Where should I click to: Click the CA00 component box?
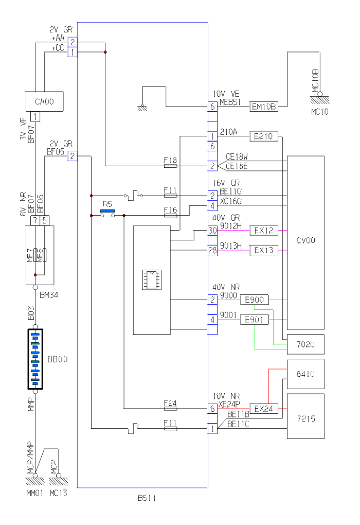pyautogui.click(x=44, y=102)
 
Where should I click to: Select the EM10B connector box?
pyautogui.click(x=264, y=107)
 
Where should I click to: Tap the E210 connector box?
pyautogui.click(x=264, y=136)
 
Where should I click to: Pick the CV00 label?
pyautogui.click(x=305, y=240)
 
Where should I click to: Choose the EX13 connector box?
pyautogui.click(x=264, y=251)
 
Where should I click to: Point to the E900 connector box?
pyautogui.click(x=255, y=300)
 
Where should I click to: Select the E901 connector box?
pyautogui.click(x=255, y=320)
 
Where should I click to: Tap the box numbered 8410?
pyautogui.click(x=305, y=374)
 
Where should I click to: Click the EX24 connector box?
pyautogui.click(x=264, y=409)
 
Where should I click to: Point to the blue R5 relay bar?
pyautogui.click(x=107, y=211)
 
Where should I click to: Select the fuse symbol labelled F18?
pyautogui.click(x=170, y=166)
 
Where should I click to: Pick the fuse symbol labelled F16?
pyautogui.click(x=170, y=216)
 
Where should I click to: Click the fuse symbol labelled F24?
pyautogui.click(x=170, y=409)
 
